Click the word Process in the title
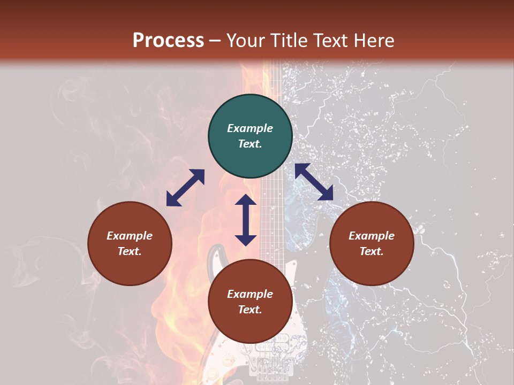pyautogui.click(x=168, y=41)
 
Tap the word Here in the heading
pyautogui.click(x=374, y=41)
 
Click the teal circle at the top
pyautogui.click(x=250, y=136)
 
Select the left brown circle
pyautogui.click(x=130, y=243)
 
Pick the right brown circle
pyautogui.click(x=372, y=243)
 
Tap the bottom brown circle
pyautogui.click(x=250, y=302)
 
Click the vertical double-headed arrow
pyautogui.click(x=246, y=220)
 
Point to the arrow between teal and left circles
pyautogui.click(x=185, y=188)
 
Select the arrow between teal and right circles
pyautogui.click(x=314, y=182)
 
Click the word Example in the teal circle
pyautogui.click(x=250, y=128)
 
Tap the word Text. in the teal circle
pyautogui.click(x=250, y=144)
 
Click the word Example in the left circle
pyautogui.click(x=130, y=236)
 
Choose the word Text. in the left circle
pyautogui.click(x=130, y=251)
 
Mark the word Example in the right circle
pyautogui.click(x=372, y=236)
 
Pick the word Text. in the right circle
pyautogui.click(x=372, y=251)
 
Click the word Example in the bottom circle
pyautogui.click(x=250, y=294)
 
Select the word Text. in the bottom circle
pyautogui.click(x=250, y=310)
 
